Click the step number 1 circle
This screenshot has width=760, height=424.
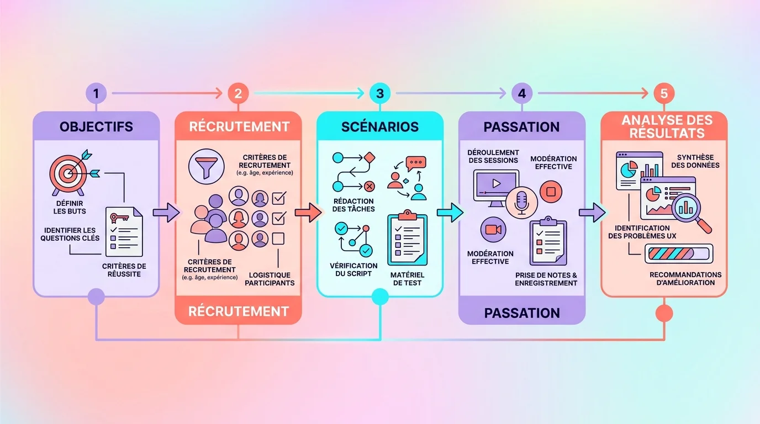click(x=96, y=93)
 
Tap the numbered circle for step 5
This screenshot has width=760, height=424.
click(x=664, y=93)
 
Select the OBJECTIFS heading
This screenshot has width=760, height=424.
click(x=96, y=126)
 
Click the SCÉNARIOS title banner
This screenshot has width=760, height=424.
click(x=379, y=126)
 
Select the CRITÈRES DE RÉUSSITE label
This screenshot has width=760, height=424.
click(x=124, y=270)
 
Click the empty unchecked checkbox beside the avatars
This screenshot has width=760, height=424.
click(x=279, y=239)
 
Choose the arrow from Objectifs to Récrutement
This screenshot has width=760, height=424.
click(x=166, y=211)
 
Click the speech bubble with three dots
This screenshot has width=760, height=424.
click(x=415, y=165)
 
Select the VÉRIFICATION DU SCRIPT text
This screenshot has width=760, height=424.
click(x=354, y=269)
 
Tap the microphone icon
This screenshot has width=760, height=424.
click(x=521, y=203)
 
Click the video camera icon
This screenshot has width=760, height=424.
click(x=493, y=230)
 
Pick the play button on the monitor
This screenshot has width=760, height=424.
click(x=496, y=183)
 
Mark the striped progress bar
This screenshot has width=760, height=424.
click(x=679, y=254)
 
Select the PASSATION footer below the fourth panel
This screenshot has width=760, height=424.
click(x=521, y=313)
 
